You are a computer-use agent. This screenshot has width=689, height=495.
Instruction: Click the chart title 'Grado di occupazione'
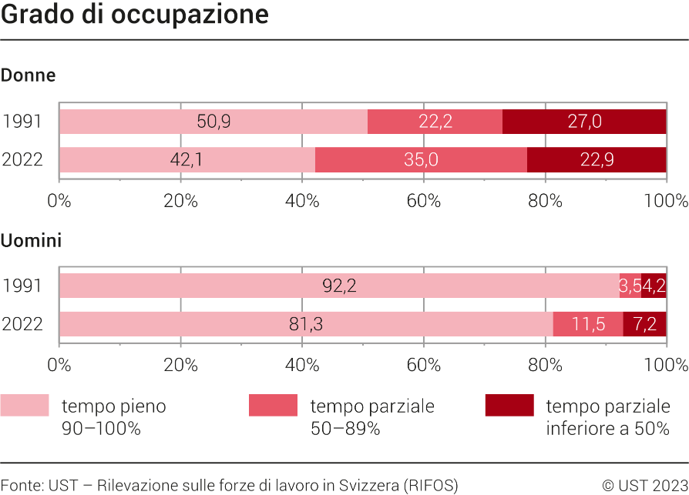pyautogui.click(x=135, y=15)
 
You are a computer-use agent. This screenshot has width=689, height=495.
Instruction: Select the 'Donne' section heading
pyautogui.click(x=28, y=75)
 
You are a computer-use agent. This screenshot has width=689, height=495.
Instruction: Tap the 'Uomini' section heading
pyautogui.click(x=31, y=241)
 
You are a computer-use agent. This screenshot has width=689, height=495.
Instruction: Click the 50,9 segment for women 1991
pyautogui.click(x=213, y=122)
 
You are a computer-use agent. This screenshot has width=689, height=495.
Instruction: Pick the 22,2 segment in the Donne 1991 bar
pyautogui.click(x=435, y=122)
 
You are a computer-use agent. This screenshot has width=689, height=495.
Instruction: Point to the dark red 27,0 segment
pyautogui.click(x=584, y=122)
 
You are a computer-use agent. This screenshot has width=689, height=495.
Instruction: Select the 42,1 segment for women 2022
pyautogui.click(x=187, y=160)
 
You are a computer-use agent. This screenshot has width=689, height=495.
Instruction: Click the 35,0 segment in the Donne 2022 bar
pyautogui.click(x=421, y=160)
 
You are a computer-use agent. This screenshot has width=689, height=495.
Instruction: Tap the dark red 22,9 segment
pyautogui.click(x=597, y=160)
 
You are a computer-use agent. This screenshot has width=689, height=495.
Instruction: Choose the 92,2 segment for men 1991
pyautogui.click(x=339, y=286)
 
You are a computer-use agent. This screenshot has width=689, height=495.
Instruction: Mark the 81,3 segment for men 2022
pyautogui.click(x=306, y=324)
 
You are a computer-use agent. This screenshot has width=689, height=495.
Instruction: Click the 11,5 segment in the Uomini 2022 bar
pyautogui.click(x=588, y=324)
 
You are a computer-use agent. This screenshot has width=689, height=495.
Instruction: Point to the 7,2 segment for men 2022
pyautogui.click(x=644, y=324)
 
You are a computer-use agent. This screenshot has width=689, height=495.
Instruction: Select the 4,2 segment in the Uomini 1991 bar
pyautogui.click(x=654, y=286)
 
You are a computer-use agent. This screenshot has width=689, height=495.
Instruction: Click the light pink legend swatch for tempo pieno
pyautogui.click(x=24, y=406)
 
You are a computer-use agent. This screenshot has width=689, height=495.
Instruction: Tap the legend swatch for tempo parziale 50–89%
pyautogui.click(x=273, y=406)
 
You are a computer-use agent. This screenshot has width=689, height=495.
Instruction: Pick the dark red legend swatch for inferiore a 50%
pyautogui.click(x=509, y=406)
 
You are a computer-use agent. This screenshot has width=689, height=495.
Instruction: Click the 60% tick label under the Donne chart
pyautogui.click(x=423, y=201)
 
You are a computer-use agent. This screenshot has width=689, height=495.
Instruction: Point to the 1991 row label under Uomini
pyautogui.click(x=22, y=286)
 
